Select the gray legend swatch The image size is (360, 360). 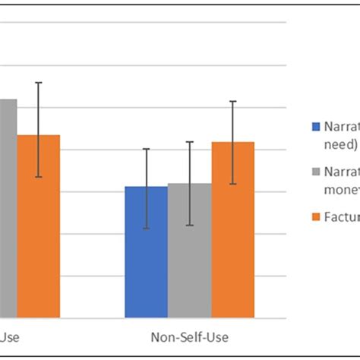[315, 172]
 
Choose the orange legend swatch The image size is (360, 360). [315, 217]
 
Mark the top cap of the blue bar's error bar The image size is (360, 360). [146, 149]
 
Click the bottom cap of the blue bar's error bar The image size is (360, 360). [146, 229]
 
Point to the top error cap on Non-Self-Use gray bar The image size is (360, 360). [189, 142]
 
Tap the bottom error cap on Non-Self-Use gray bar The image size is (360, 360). [189, 226]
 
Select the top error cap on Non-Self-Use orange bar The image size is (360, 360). [232, 101]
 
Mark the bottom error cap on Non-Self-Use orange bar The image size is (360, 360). [232, 184]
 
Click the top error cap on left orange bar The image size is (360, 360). [39, 82]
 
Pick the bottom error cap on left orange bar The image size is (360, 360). [39, 178]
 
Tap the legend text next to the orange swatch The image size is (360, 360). [343, 217]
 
